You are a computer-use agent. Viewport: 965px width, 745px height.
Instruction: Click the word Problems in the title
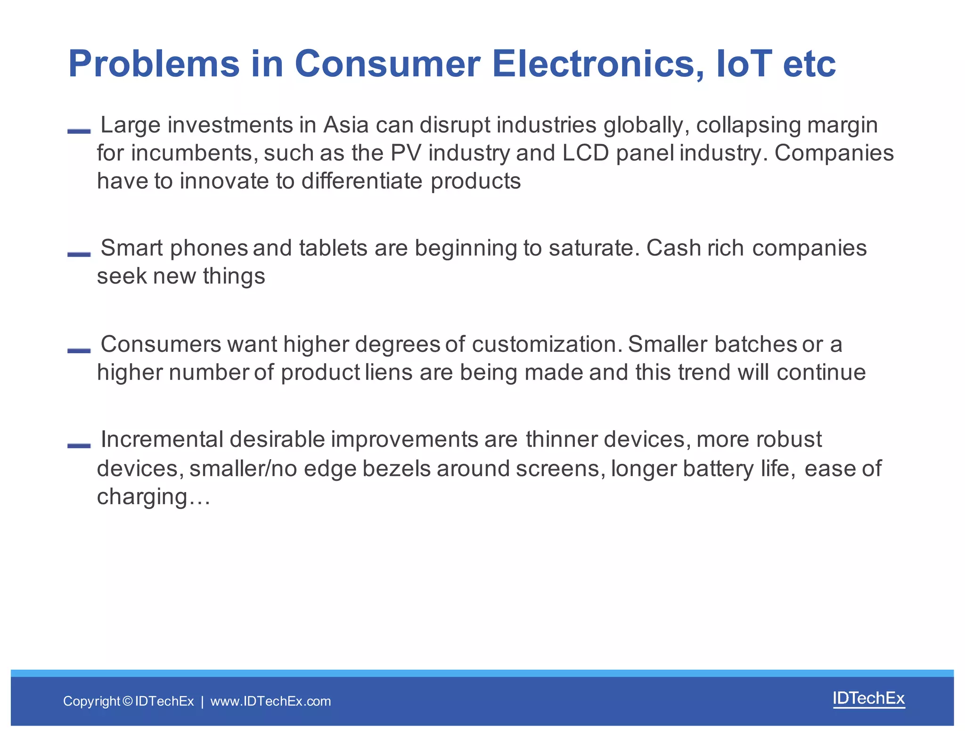(154, 64)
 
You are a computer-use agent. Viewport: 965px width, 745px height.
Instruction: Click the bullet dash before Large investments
(79, 131)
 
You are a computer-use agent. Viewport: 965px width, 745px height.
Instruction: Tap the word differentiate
(362, 181)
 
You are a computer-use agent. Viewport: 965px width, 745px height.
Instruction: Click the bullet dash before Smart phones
(79, 254)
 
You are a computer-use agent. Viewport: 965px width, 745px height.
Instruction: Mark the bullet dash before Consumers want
(79, 350)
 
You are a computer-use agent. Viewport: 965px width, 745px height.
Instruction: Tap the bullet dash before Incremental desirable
(79, 445)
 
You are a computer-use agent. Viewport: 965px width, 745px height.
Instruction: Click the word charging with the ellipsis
(153, 497)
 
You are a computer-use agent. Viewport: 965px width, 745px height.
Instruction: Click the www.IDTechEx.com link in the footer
(270, 701)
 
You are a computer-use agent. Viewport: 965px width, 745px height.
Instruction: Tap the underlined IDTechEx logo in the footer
(868, 698)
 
